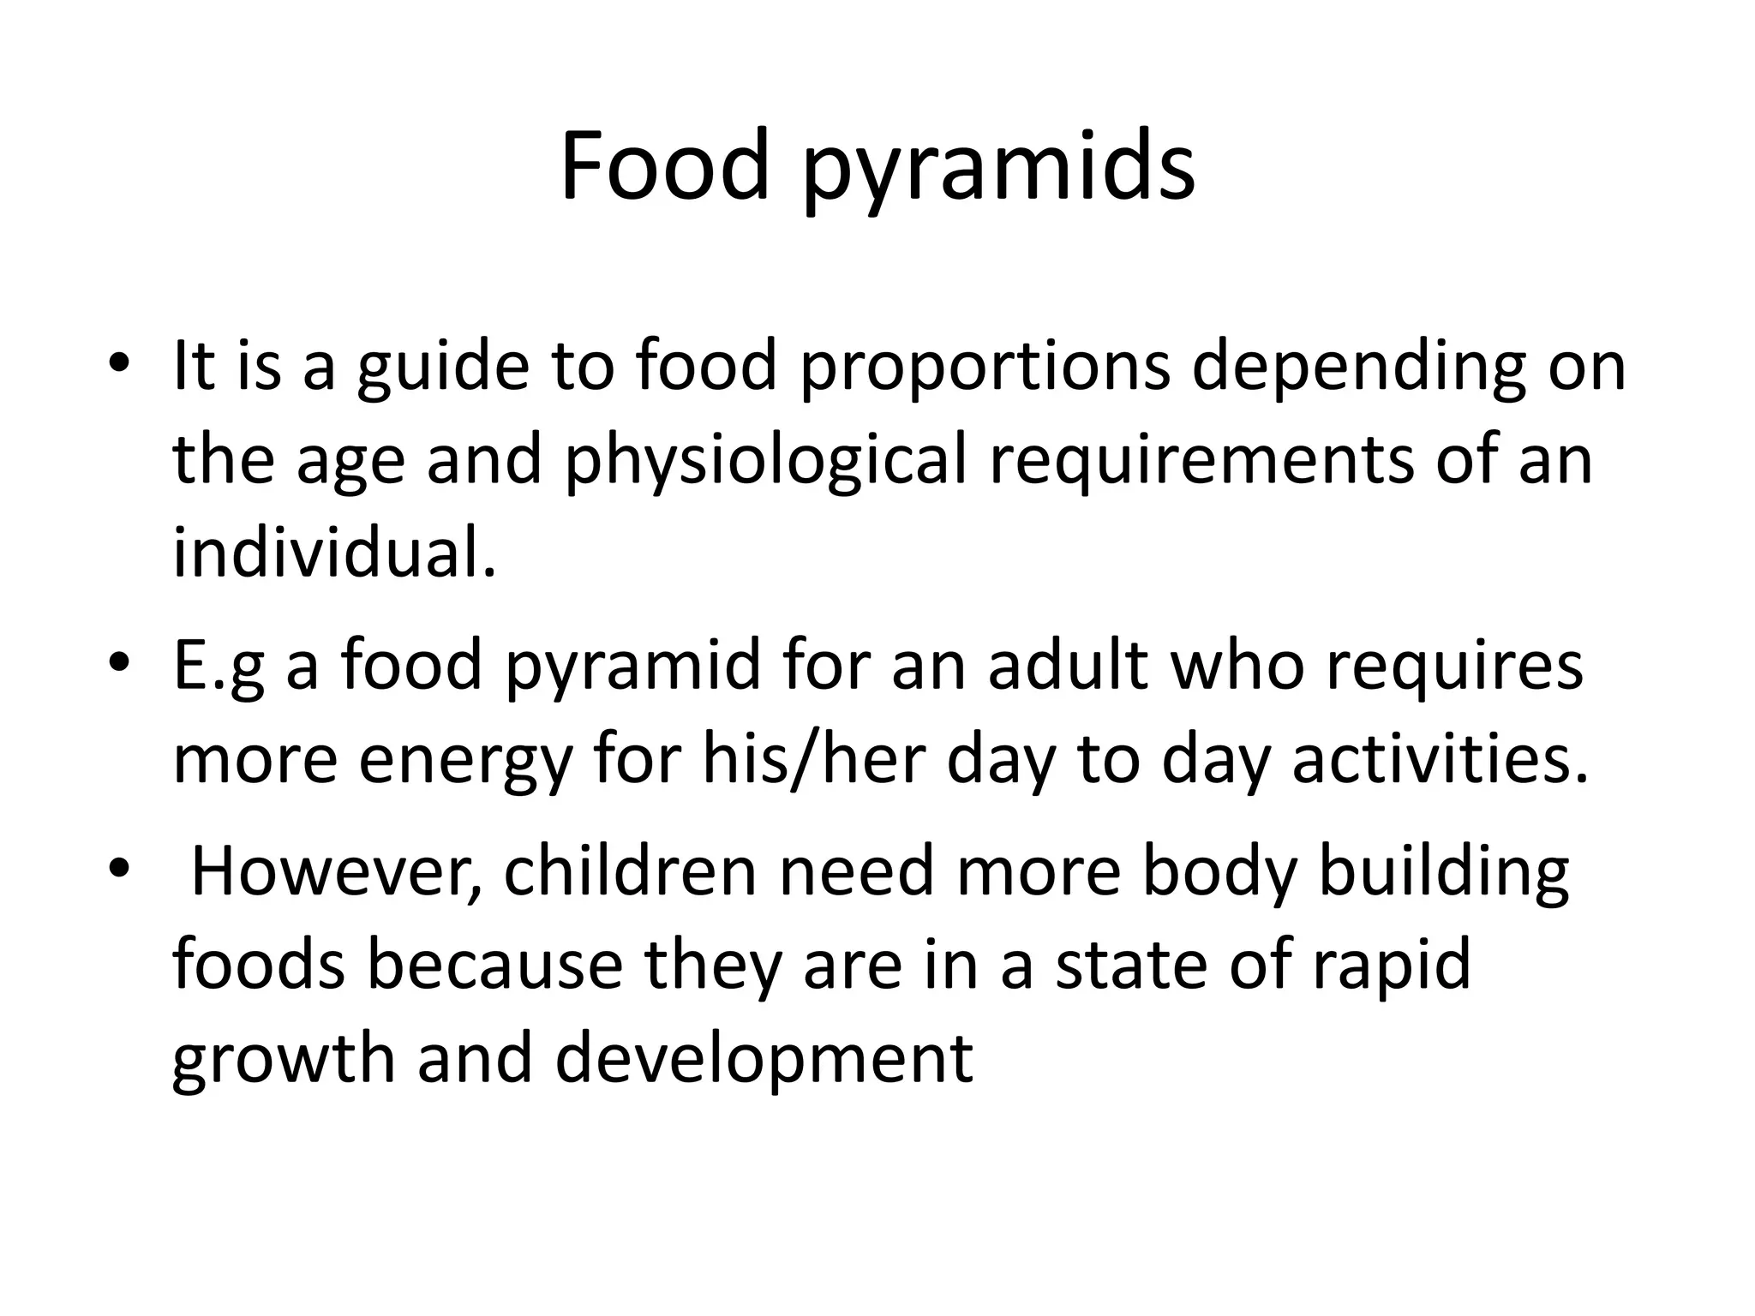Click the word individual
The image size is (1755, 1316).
pos(334,552)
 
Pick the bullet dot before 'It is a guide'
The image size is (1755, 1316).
pos(119,362)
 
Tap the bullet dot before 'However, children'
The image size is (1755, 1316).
pos(119,868)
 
